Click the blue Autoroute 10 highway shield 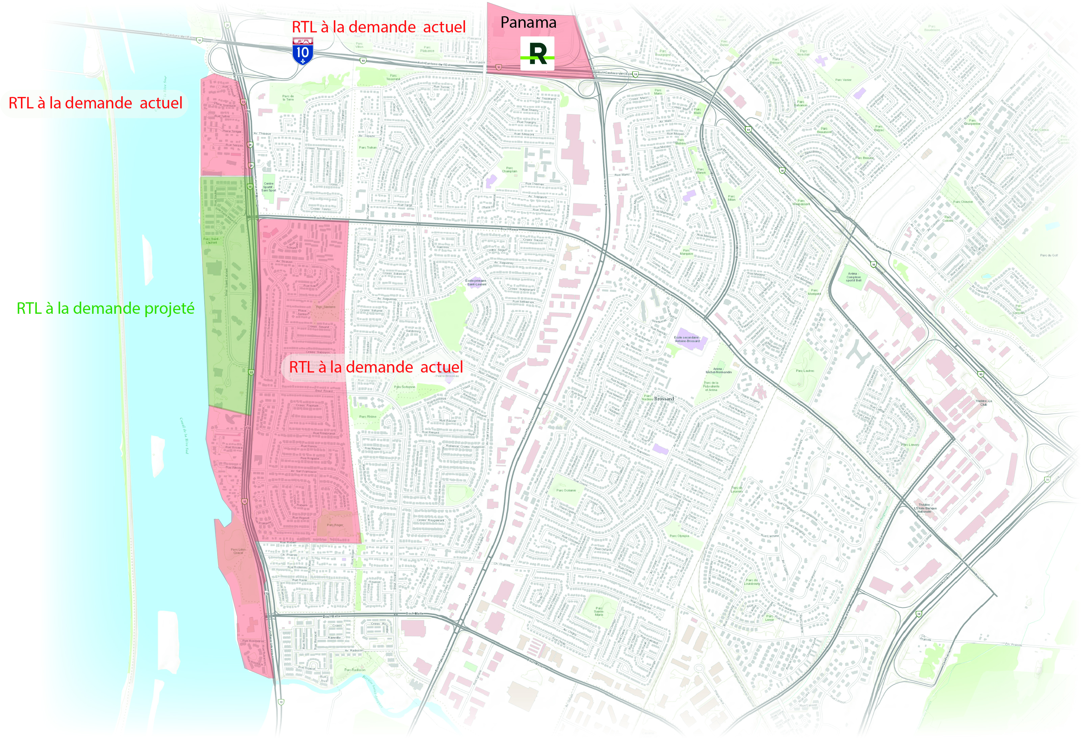coord(303,52)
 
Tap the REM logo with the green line coord(537,54)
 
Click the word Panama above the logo coord(528,22)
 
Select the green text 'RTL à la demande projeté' coord(106,308)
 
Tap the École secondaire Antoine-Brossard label coord(687,339)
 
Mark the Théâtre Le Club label coord(983,402)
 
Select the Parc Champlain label coord(509,170)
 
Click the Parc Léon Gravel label coord(238,551)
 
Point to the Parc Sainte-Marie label coord(599,611)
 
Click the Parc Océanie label coord(566,490)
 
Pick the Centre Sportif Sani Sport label coord(268,187)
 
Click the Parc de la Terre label coord(288,98)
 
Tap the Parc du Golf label coord(1049,255)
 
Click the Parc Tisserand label coord(393,77)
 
